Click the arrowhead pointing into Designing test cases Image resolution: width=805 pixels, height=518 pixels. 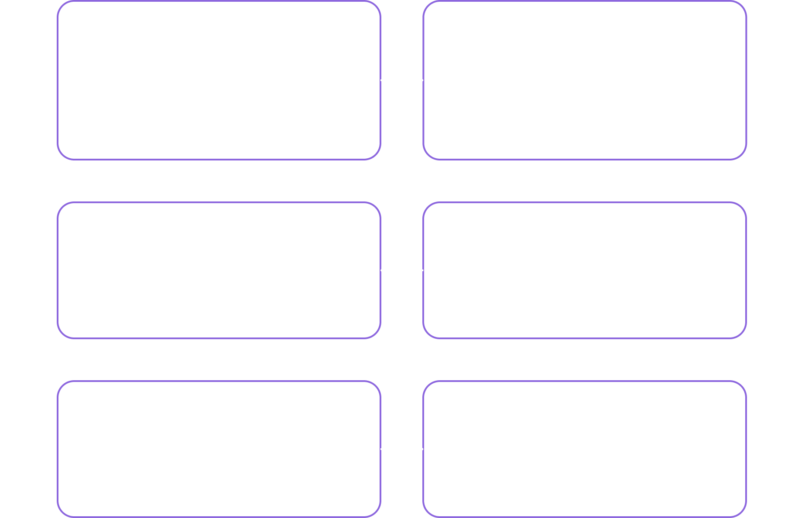(x=420, y=80)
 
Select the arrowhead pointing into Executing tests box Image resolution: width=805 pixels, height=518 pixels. (x=384, y=270)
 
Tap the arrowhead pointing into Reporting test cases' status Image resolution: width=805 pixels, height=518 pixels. (x=420, y=449)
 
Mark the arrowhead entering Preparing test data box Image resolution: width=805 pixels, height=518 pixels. (x=750, y=270)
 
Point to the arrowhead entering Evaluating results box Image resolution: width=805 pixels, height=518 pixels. (x=54, y=449)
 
